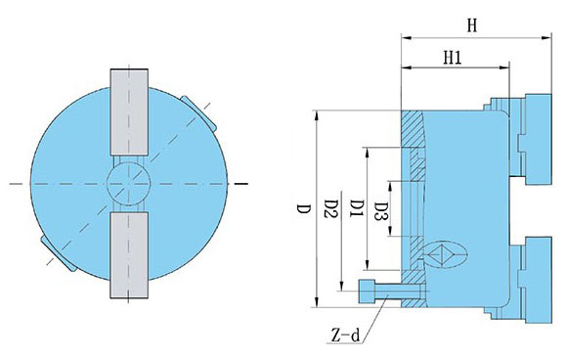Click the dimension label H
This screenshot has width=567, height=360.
[471, 26]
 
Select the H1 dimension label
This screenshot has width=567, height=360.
[453, 58]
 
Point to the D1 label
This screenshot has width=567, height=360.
[356, 208]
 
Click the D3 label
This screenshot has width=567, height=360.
[381, 209]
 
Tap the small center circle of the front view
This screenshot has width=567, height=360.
[130, 183]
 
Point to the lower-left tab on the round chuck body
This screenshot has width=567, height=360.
[57, 253]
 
